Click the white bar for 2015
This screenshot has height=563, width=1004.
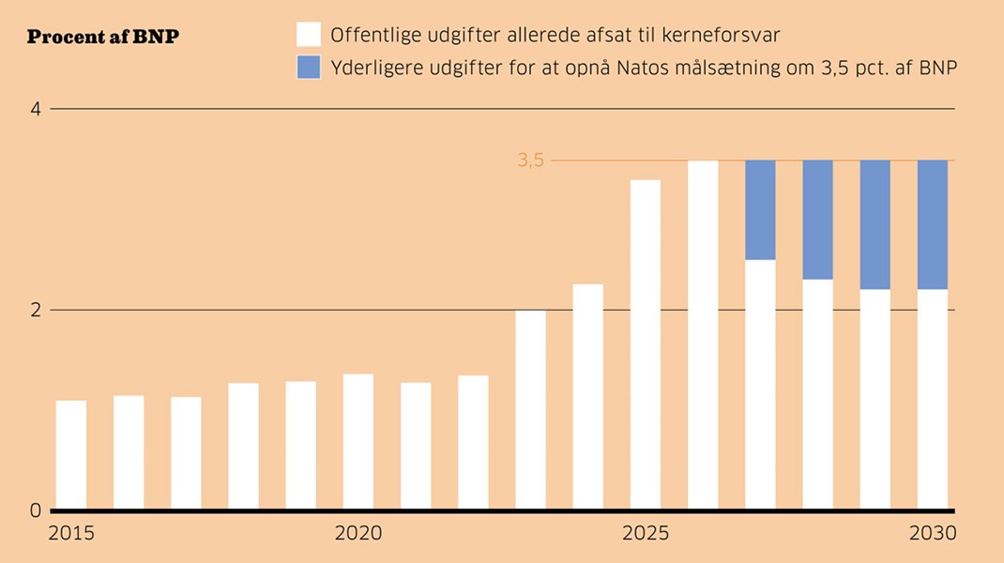[71, 456]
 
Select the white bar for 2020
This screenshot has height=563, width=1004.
[358, 442]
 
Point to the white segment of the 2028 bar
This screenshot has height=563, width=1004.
[817, 395]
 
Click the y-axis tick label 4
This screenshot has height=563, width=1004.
[36, 109]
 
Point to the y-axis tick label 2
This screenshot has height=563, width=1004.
[36, 310]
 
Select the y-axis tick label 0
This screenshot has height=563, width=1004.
[36, 511]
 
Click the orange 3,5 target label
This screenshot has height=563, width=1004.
[530, 160]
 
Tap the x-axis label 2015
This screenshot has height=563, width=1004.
[71, 533]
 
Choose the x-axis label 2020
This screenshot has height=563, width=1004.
[358, 533]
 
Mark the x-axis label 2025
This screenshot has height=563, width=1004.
[646, 533]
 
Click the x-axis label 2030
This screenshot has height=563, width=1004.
[932, 533]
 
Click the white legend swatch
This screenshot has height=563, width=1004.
[309, 35]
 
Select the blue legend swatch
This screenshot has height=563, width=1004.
[309, 67]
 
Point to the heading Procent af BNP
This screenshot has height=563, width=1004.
[103, 38]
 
